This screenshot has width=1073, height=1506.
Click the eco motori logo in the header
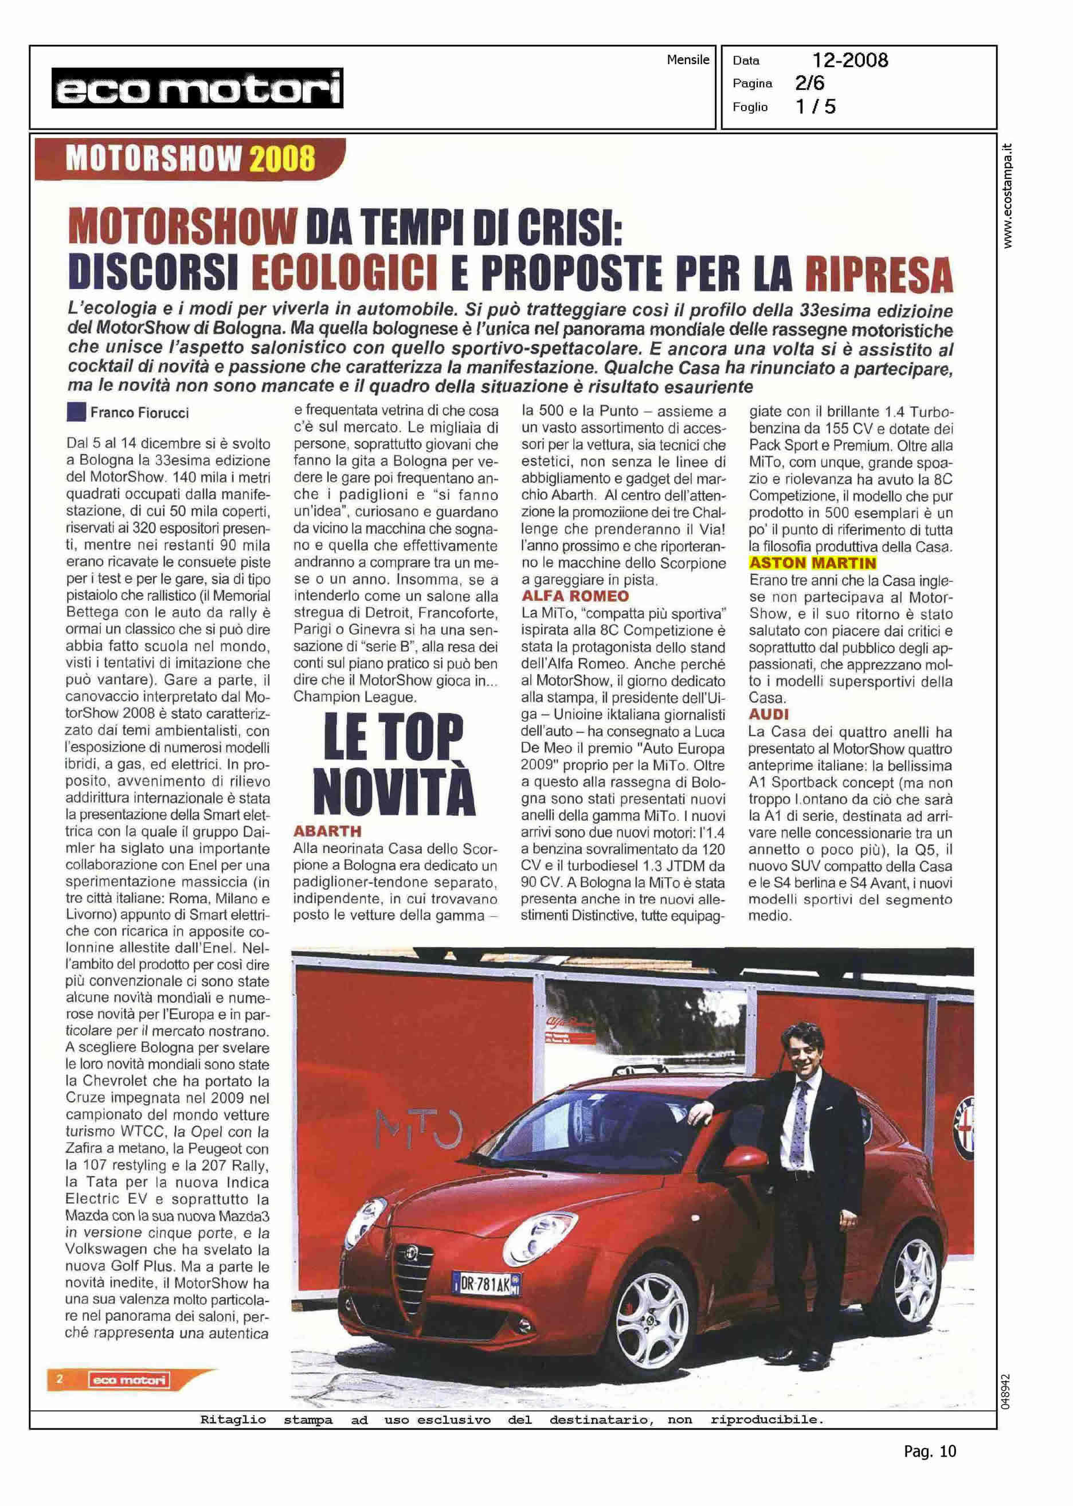pos(197,88)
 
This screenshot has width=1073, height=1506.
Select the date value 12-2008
pos(849,61)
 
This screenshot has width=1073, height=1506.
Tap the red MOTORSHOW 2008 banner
pos(190,159)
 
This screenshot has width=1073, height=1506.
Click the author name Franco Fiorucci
pos(139,413)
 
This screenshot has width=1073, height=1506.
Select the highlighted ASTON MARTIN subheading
pos(812,563)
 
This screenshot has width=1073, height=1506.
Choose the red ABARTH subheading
pos(327,831)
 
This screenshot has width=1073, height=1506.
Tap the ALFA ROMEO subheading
pos(575,596)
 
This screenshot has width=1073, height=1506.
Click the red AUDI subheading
pos(769,714)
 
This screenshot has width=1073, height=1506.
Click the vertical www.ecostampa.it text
pos(1007,196)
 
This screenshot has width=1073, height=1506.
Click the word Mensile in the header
pos(687,60)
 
